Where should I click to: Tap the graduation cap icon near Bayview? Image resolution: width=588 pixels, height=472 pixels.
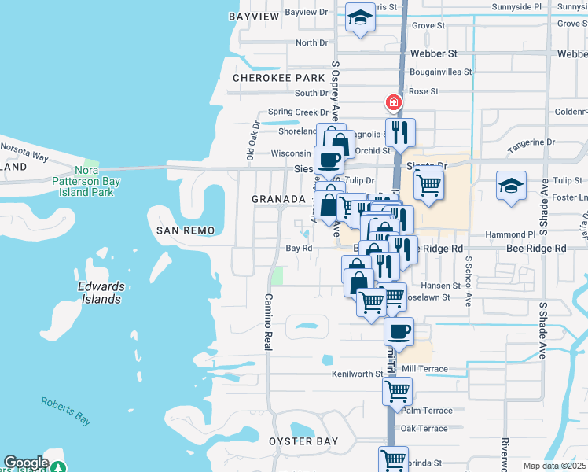(360, 18)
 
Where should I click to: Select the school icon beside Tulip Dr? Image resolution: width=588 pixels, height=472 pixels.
(511, 186)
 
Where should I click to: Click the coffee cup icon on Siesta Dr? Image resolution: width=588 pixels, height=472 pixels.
(329, 160)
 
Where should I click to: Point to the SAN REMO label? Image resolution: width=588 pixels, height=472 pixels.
(179, 230)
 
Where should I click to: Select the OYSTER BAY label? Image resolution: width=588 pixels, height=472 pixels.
(303, 441)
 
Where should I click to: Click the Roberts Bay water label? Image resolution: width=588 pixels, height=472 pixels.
(67, 411)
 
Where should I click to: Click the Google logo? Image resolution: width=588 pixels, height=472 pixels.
(26, 463)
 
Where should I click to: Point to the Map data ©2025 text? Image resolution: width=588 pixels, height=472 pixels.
(555, 466)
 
